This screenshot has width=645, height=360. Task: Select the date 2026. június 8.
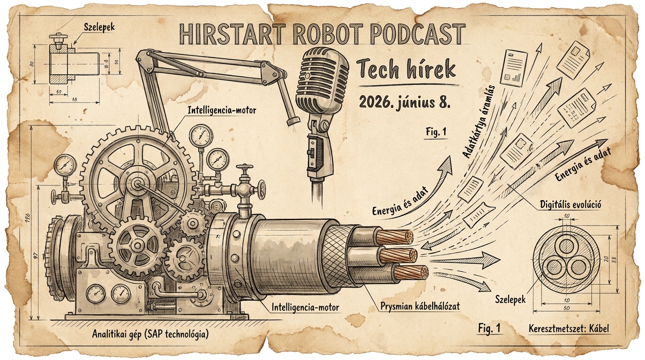pyautogui.click(x=405, y=103)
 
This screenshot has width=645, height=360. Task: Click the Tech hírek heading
pyautogui.click(x=406, y=70)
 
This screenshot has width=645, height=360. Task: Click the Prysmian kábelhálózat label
pyautogui.click(x=420, y=306)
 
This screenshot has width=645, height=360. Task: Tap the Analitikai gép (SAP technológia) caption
pyautogui.click(x=150, y=334)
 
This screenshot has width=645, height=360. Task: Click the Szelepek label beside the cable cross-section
pyautogui.click(x=510, y=299)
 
